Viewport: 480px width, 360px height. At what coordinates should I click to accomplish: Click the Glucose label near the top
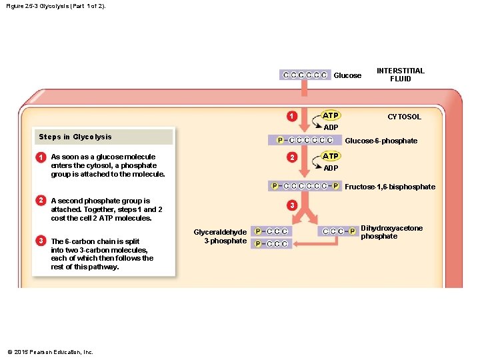(347, 75)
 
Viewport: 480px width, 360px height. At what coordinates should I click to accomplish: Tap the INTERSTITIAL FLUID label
(401, 75)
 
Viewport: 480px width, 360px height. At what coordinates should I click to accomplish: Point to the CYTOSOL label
(404, 117)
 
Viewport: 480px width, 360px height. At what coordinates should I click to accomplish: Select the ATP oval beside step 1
(331, 115)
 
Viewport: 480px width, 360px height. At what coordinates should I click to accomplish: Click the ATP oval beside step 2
(331, 156)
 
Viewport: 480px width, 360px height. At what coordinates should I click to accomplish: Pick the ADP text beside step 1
(331, 127)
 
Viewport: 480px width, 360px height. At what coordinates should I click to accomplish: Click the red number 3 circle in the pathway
(292, 205)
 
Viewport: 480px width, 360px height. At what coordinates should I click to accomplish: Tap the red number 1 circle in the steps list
(41, 157)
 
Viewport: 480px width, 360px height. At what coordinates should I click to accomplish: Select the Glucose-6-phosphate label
(381, 141)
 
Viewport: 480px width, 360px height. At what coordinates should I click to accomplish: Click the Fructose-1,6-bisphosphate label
(390, 187)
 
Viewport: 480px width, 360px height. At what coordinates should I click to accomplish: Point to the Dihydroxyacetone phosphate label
(391, 232)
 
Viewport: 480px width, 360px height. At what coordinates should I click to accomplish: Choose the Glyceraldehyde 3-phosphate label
(220, 236)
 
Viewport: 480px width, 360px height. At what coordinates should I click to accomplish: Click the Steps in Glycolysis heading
(75, 137)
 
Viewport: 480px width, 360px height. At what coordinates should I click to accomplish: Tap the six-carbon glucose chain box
(305, 75)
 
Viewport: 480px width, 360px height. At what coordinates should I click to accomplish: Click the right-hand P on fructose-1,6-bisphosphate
(336, 186)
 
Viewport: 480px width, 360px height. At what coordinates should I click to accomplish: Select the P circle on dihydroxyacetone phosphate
(353, 231)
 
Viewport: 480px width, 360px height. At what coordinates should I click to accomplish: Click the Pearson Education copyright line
(50, 352)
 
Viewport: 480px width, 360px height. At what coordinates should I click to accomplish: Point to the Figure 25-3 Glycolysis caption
(56, 6)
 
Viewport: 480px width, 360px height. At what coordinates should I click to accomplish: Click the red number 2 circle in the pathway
(292, 157)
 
